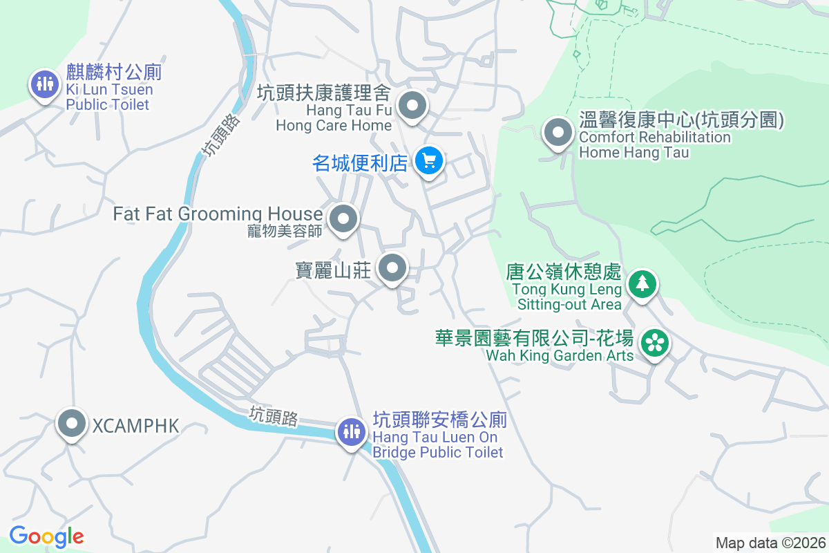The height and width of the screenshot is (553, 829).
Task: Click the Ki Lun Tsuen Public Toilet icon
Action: tap(45, 84)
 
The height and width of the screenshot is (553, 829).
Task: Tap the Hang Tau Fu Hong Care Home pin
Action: tap(413, 106)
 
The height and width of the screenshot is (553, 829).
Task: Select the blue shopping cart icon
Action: tap(429, 161)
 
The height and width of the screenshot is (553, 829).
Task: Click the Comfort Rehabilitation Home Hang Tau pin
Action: tap(558, 132)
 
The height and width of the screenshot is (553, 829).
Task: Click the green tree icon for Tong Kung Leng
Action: tap(642, 283)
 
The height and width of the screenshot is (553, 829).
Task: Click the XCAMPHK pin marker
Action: tap(72, 424)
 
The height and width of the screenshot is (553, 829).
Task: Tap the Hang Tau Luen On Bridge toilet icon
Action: tap(351, 432)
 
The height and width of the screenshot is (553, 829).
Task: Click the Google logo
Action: tap(46, 536)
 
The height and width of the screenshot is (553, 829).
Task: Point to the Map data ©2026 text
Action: tap(770, 543)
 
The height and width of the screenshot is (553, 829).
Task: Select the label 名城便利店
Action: tap(360, 163)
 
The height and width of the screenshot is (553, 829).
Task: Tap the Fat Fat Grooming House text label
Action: tap(218, 214)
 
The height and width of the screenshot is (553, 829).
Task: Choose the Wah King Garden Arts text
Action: tap(560, 355)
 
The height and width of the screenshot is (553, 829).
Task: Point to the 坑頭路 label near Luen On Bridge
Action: tap(274, 416)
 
